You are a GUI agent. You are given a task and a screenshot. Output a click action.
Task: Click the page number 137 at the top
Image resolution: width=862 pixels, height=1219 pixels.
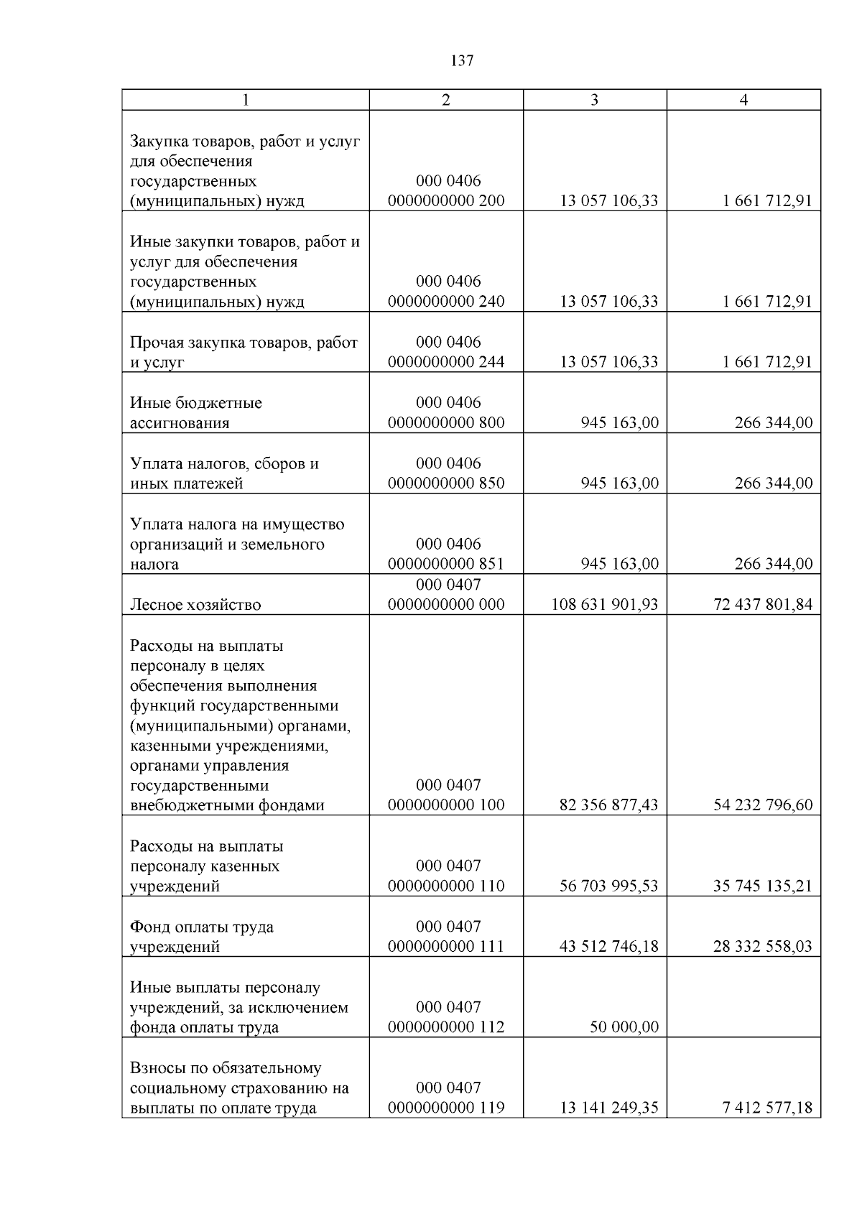click(x=462, y=61)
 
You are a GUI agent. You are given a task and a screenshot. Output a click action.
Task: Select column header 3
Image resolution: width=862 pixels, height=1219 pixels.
click(x=594, y=100)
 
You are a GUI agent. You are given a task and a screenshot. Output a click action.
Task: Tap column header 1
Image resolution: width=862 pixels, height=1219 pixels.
click(x=246, y=100)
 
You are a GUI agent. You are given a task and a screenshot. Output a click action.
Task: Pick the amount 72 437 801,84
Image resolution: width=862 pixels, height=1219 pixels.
click(x=763, y=604)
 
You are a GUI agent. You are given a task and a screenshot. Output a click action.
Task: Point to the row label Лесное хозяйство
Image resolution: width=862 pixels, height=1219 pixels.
click(x=195, y=604)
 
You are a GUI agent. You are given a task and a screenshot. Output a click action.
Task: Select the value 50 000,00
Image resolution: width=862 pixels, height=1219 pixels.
click(x=624, y=1026)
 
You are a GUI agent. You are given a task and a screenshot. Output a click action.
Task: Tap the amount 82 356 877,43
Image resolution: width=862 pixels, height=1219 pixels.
click(x=608, y=805)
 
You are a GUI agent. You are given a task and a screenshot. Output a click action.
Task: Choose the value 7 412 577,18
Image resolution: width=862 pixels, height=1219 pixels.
click(x=767, y=1107)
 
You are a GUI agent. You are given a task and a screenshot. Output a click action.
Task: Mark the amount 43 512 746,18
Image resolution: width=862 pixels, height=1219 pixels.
click(x=608, y=946)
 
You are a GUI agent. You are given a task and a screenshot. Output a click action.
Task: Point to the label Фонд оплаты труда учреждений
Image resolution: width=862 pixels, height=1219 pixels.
click(x=201, y=936)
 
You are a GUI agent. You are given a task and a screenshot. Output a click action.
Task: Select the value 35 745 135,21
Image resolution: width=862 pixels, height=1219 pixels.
click(x=763, y=885)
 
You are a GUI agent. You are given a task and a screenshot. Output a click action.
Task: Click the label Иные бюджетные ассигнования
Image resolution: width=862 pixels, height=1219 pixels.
click(x=195, y=412)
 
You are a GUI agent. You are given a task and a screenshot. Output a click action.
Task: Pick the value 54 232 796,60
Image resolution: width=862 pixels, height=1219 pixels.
click(x=763, y=805)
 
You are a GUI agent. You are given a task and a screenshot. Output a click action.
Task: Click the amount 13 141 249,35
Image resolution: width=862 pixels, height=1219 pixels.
click(x=608, y=1107)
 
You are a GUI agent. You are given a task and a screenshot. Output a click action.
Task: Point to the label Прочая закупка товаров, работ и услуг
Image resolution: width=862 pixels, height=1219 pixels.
click(x=243, y=352)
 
